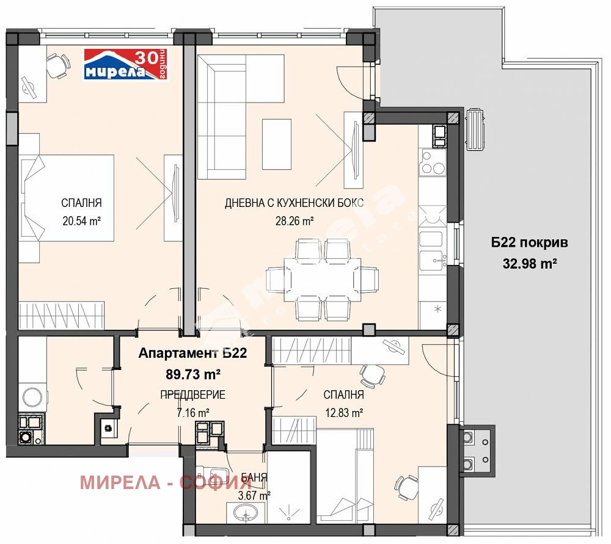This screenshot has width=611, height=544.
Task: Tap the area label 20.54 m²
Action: pyautogui.click(x=81, y=220)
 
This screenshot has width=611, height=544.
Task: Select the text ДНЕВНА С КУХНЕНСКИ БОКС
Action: pyautogui.click(x=294, y=203)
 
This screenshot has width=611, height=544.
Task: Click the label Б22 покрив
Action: pyautogui.click(x=530, y=242)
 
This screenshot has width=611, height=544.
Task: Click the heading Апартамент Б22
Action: pyautogui.click(x=192, y=353)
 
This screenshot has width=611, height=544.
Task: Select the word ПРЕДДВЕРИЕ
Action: pyautogui.click(x=193, y=394)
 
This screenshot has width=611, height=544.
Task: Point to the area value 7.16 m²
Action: pyautogui.click(x=193, y=412)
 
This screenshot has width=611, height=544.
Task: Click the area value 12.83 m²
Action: pyautogui.click(x=343, y=412)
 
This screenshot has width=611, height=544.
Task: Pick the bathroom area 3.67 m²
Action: pyautogui.click(x=253, y=495)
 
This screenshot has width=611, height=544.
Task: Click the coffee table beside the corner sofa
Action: pyautogui.click(x=277, y=143)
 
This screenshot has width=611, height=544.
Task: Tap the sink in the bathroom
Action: pyautogui.click(x=247, y=513)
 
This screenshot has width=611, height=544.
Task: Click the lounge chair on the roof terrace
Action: pyautogui.click(x=475, y=129)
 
